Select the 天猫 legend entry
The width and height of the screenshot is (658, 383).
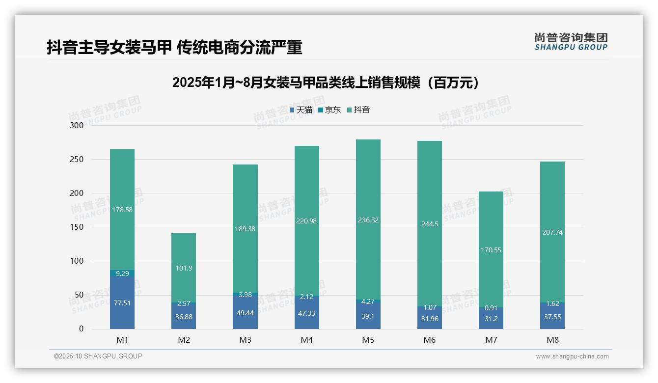pyautogui.click(x=301, y=110)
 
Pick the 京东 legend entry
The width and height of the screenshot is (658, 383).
pyautogui.click(x=329, y=110)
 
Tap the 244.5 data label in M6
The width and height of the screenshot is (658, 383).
pyautogui.click(x=430, y=224)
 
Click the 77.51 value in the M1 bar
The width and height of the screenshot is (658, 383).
pyautogui.click(x=122, y=303)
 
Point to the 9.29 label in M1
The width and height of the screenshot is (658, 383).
pyautogui.click(x=122, y=274)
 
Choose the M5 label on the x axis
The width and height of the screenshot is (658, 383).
pyautogui.click(x=368, y=340)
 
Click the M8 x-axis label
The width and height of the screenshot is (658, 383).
pyautogui.click(x=552, y=340)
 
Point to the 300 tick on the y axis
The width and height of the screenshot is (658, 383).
pyautogui.click(x=77, y=125)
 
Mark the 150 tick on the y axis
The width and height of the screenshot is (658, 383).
pyautogui.click(x=77, y=227)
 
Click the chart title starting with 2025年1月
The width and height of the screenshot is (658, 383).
pyautogui.click(x=325, y=83)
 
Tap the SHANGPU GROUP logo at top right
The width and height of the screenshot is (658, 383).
pyautogui.click(x=571, y=41)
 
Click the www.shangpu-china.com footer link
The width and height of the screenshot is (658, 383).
pyautogui.click(x=572, y=356)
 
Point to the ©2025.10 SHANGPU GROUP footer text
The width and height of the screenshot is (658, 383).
pyautogui.click(x=98, y=356)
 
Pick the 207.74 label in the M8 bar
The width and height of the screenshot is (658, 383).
pyautogui.click(x=552, y=232)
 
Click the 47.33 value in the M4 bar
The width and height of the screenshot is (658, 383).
pyautogui.click(x=306, y=313)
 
